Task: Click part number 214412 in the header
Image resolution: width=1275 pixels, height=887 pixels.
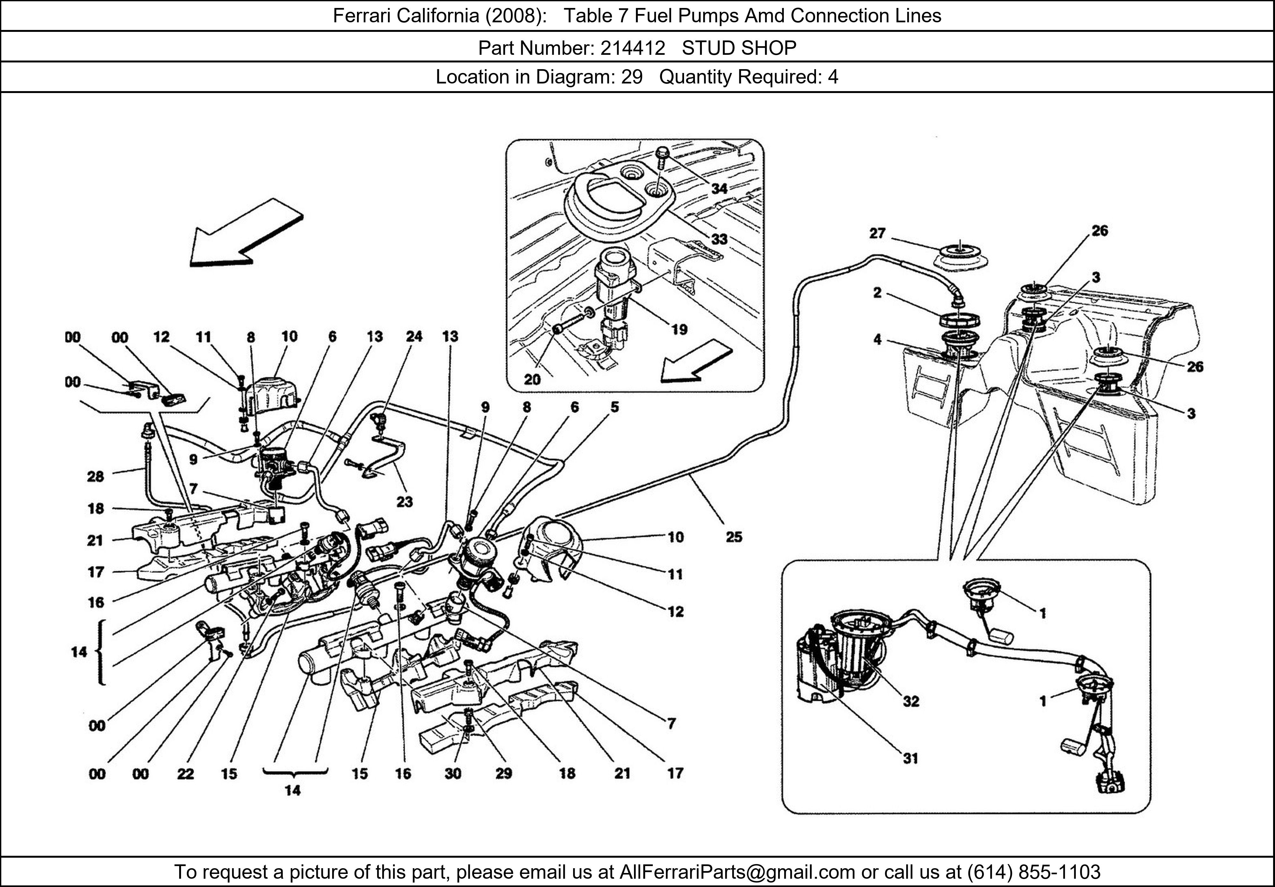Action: pos(632,48)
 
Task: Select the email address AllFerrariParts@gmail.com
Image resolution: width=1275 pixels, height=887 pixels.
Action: pos(737,872)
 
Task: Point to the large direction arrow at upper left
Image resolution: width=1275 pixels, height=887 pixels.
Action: pos(244,233)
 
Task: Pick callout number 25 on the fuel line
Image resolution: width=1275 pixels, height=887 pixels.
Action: pos(733,537)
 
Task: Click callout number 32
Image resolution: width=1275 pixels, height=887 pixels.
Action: pos(911,701)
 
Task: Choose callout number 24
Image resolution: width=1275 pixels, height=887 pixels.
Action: pos(414,336)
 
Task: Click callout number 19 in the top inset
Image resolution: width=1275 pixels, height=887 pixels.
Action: pos(679,330)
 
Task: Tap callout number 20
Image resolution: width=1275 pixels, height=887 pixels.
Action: pos(532,379)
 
